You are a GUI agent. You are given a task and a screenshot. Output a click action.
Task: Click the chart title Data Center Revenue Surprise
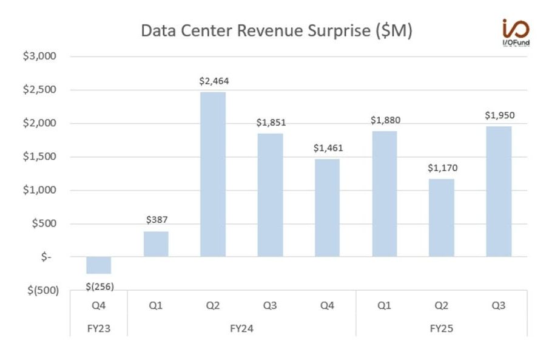pos(277,30)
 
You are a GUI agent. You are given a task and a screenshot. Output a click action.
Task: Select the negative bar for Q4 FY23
pos(99,265)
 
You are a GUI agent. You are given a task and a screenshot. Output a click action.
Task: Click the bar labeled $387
pos(156,243)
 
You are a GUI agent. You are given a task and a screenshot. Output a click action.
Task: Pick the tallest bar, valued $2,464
pos(213,174)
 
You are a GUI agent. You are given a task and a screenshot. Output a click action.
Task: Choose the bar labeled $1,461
pos(327,208)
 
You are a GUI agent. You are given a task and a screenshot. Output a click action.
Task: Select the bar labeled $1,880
pos(384,194)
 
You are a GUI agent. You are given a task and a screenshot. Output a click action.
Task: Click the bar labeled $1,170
pos(441,217)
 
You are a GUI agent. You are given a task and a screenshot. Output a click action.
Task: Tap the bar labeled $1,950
pos(498,191)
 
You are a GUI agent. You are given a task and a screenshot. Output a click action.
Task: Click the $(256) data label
pos(99,286)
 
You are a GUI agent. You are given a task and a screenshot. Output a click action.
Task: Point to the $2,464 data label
pos(214,81)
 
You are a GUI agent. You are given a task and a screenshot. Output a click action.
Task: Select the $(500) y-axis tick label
pos(42,290)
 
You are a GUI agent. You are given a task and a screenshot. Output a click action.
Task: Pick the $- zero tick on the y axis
pos(47,257)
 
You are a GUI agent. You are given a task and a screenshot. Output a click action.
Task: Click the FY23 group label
pos(99,328)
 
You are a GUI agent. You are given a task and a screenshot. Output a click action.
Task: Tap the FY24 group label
pos(241,328)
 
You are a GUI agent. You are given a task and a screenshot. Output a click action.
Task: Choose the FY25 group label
pos(441,328)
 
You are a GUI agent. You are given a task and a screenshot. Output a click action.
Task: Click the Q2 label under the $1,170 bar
pos(441,306)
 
